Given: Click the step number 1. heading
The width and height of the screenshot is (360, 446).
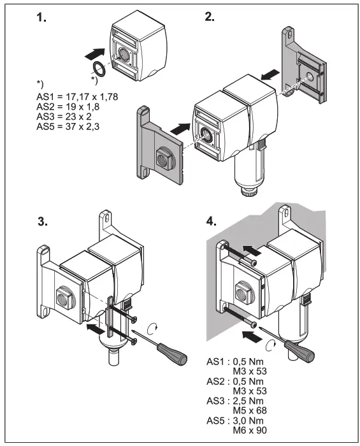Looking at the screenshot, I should click(x=41, y=18).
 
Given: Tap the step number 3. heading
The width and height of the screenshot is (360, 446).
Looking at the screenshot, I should click(x=43, y=223).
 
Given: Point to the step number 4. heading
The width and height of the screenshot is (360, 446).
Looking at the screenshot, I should click(x=211, y=222).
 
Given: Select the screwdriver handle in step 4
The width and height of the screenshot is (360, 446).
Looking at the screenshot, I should click(x=296, y=350).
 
